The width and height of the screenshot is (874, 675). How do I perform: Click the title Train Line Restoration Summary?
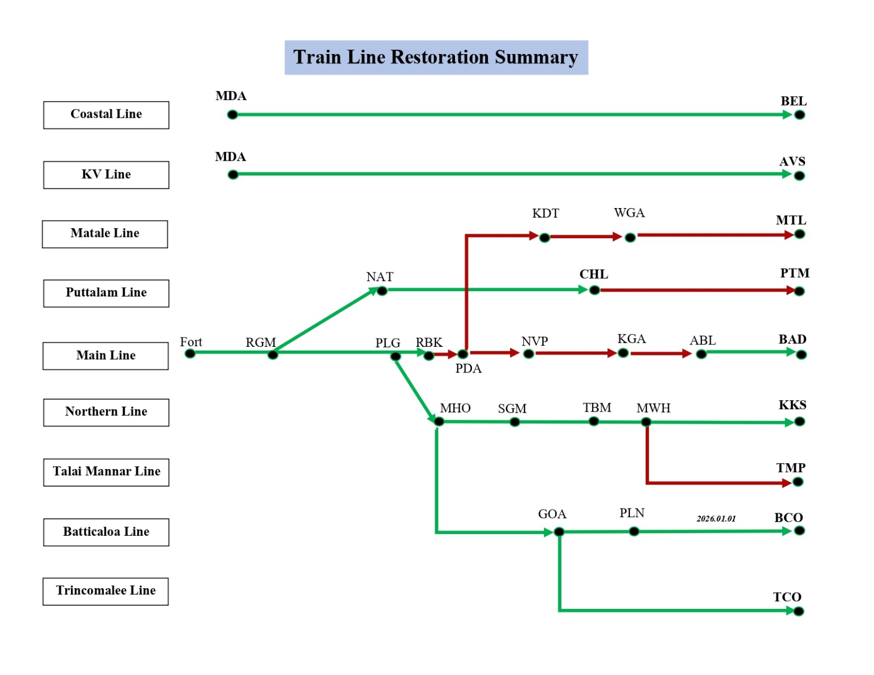pos(435,57)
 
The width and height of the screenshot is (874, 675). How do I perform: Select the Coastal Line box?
pos(106,115)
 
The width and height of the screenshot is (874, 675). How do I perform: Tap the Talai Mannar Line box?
pos(106,472)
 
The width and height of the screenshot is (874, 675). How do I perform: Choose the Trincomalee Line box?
pos(105,591)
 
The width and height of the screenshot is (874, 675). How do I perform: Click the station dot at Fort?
pos(190,353)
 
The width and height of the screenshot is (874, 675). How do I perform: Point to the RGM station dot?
pos(273,355)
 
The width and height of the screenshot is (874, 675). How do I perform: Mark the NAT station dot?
pos(382,291)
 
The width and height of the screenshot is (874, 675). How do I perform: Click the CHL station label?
pos(593,274)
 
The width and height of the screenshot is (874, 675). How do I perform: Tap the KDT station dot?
pos(544,238)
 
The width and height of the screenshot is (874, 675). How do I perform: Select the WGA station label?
pos(629,213)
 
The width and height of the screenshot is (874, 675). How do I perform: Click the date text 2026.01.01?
pos(716,518)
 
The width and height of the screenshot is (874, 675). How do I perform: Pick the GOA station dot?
pos(559,531)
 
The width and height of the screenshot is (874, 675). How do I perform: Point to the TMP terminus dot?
pos(798,482)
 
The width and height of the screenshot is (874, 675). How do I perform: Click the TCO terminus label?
pos(787,597)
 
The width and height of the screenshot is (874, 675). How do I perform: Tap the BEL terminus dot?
pos(799,115)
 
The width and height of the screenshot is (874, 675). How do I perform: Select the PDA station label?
pos(468,369)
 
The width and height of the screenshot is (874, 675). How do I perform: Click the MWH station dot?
pos(646,422)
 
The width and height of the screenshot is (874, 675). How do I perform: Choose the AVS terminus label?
pos(792,162)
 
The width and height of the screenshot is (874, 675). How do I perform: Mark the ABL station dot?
pos(701,354)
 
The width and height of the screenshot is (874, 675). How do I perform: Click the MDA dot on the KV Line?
pos(233,175)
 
